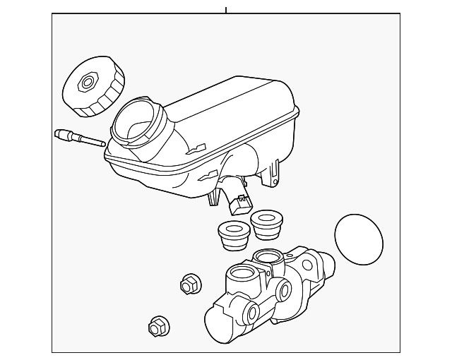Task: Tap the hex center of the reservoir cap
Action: (88, 83)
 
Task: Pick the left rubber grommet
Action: (230, 234)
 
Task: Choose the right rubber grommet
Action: (267, 223)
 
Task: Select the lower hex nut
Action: (158, 326)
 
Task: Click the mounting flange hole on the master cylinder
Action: (308, 266)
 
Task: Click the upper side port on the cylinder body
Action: (283, 289)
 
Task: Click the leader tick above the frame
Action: (226, 9)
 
